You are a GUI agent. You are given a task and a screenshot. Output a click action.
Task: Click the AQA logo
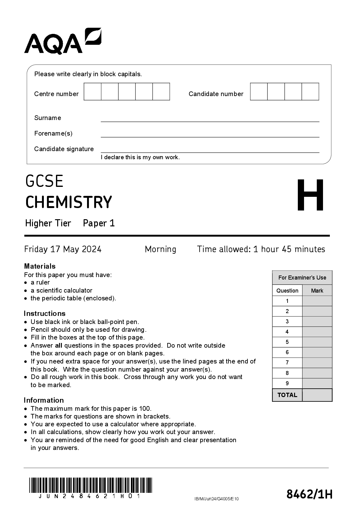coord(62,41)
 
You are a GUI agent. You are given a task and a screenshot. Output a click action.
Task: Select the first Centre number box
coord(93,92)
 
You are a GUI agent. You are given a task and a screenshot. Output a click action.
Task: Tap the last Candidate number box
coord(310,92)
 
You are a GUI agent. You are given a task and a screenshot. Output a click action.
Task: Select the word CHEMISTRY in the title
coord(68,202)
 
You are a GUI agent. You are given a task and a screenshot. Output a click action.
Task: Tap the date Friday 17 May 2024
coord(63,249)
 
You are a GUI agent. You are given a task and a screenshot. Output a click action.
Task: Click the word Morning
coord(160,249)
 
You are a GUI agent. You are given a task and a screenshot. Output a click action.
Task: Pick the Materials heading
coord(40,266)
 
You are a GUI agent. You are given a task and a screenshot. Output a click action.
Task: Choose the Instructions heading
coord(45,313)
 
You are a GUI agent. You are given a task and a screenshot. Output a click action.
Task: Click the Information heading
coord(44,400)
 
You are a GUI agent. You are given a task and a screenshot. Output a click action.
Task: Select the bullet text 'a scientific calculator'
coord(61,290)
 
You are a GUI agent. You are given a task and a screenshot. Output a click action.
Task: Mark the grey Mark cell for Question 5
coord(317,342)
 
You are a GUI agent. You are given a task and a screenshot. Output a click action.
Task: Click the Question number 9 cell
coord(287,383)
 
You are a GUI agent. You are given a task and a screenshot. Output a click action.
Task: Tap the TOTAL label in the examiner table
coord(287,395)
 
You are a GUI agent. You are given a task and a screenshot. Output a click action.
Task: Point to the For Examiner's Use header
coord(302,278)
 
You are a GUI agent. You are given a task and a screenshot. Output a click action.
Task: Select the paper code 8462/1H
coord(309,494)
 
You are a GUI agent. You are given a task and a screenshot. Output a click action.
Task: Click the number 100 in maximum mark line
coord(145,409)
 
